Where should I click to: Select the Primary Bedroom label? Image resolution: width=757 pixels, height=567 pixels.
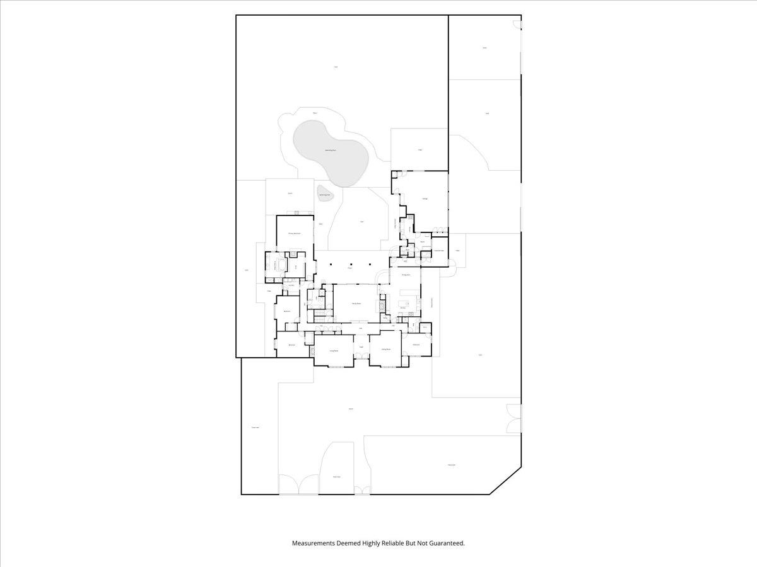click(294, 234)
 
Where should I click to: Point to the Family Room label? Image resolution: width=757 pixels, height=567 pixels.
click(356, 304)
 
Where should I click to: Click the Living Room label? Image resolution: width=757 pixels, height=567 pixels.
click(333, 350)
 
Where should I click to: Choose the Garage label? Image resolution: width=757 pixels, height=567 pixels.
click(425, 199)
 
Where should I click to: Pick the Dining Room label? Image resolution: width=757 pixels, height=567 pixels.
click(406, 275)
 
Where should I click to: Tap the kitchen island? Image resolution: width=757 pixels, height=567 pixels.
click(403, 303)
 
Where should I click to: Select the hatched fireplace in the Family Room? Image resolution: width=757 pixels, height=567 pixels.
click(381, 305)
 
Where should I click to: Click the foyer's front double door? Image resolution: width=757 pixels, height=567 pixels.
click(361, 358)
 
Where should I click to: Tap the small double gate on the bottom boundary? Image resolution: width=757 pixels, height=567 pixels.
click(362, 490)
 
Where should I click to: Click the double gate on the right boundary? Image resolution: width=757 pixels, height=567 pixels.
click(514, 418)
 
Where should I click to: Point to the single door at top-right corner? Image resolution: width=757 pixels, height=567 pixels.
click(518, 25)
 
